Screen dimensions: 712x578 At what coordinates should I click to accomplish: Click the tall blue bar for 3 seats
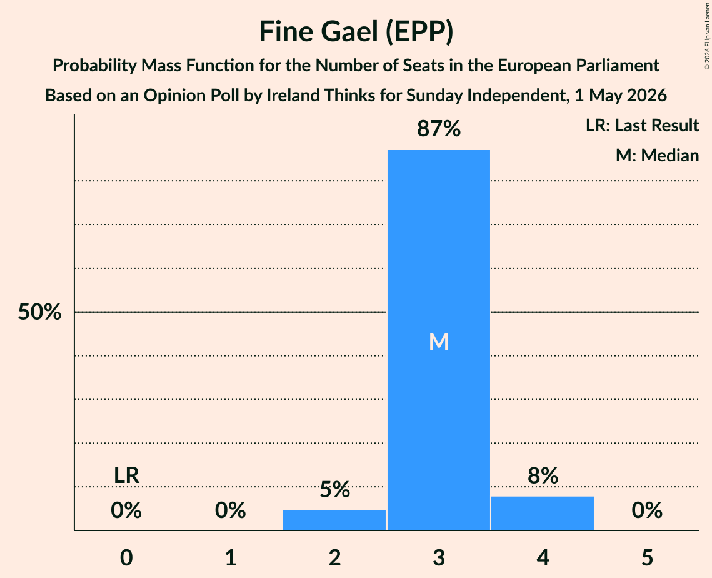[x=439, y=340]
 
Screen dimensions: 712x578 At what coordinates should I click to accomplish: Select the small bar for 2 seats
[x=334, y=520]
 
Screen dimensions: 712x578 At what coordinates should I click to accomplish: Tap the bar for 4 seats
[x=543, y=513]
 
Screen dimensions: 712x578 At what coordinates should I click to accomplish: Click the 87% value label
[x=439, y=129]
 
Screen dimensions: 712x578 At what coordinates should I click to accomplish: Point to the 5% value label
[x=334, y=489]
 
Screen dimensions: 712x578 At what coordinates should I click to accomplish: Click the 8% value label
[x=543, y=476]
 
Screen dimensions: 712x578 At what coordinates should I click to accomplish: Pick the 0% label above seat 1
[x=230, y=510]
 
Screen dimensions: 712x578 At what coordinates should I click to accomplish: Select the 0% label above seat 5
[x=647, y=510]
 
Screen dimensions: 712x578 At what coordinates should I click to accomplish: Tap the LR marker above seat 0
[x=126, y=475]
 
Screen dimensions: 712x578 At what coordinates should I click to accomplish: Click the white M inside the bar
[x=439, y=342]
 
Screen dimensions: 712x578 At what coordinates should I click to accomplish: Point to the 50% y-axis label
[x=39, y=312]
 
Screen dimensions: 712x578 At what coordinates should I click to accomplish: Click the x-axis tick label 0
[x=126, y=558]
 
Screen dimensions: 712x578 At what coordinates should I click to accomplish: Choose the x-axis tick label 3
[x=439, y=558]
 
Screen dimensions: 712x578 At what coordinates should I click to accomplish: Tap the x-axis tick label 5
[x=647, y=558]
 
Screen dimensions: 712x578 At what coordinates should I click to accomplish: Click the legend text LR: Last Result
[x=642, y=125]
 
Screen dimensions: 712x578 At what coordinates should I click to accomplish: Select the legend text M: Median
[x=657, y=155]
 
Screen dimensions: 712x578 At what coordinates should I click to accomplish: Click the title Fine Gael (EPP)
[x=356, y=32]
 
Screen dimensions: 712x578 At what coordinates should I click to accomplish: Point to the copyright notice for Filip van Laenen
[x=707, y=36]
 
